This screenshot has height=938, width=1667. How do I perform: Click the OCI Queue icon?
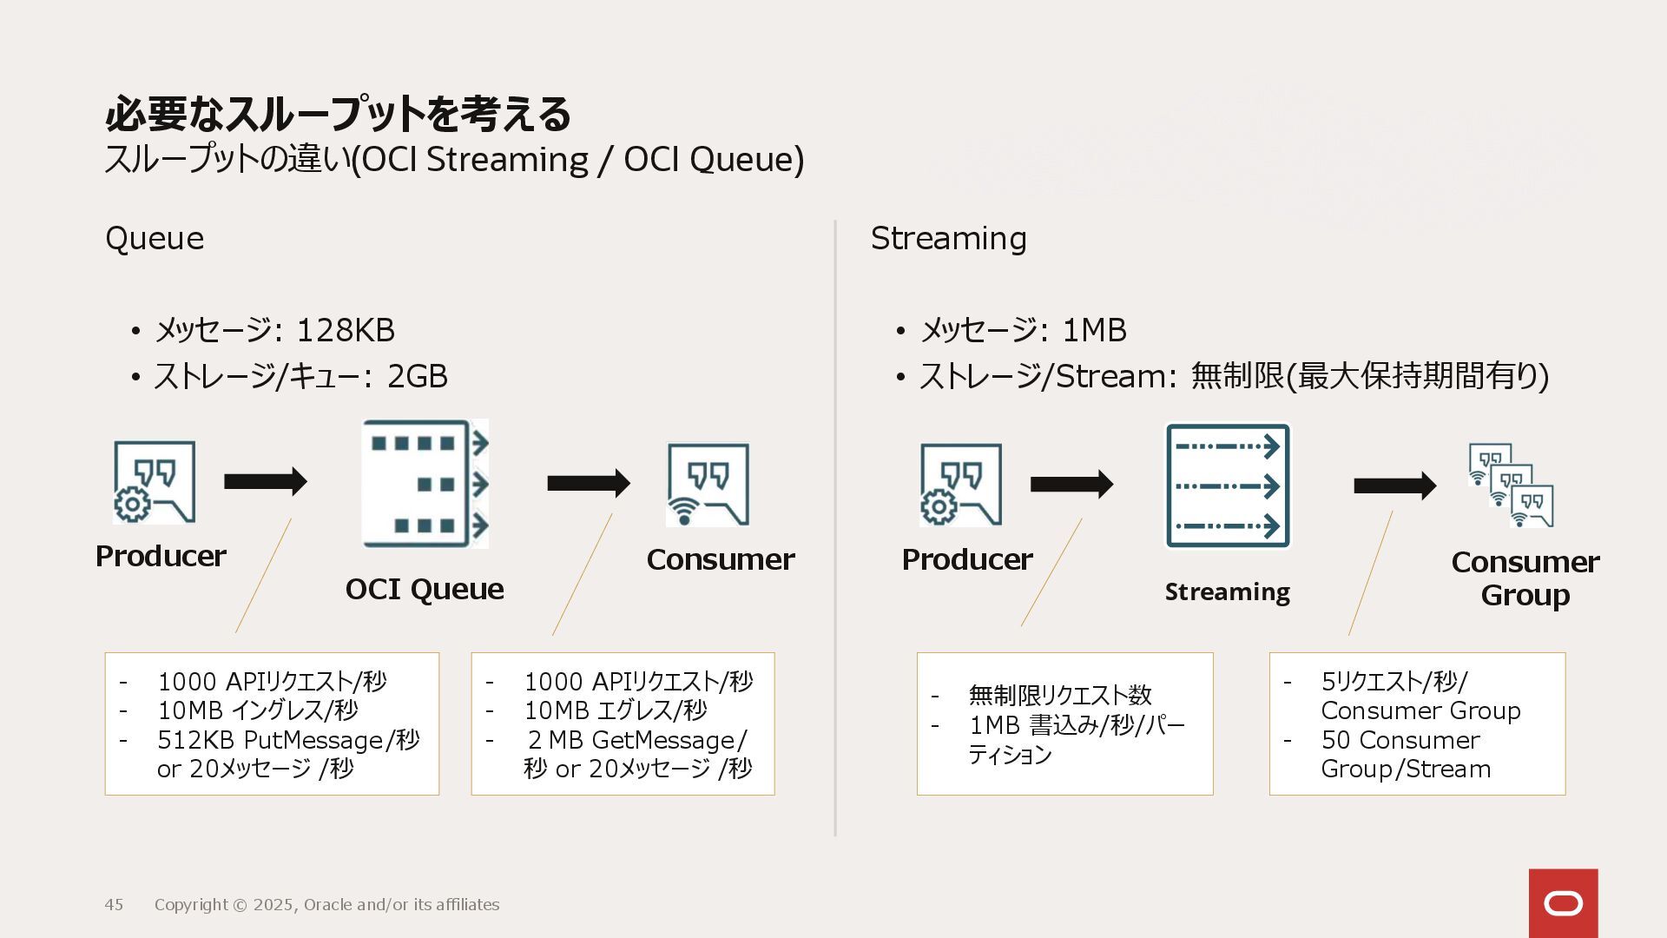coord(425,484)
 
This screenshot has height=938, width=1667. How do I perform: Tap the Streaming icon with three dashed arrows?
coord(1227,486)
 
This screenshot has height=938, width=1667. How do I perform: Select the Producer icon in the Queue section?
coord(155,482)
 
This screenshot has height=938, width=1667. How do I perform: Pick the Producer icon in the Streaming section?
coord(960,485)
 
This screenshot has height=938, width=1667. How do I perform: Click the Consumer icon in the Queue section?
coord(708,485)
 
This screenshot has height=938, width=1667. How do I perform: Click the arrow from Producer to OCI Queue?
coord(265,481)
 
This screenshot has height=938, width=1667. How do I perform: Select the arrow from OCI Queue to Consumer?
coord(588,483)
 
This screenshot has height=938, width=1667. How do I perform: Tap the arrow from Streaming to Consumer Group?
coord(1394,485)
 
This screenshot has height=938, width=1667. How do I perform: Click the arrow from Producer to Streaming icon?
coord(1071,484)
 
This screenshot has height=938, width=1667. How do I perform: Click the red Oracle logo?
coord(1563,903)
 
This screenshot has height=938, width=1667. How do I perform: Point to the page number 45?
coord(114,905)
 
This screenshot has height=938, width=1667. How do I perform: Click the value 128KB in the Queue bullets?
coord(346,330)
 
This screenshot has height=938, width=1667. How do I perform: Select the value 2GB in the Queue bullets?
coord(417,376)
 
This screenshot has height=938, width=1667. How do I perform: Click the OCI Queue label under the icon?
coord(425,589)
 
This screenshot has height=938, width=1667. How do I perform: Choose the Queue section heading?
coord(155,238)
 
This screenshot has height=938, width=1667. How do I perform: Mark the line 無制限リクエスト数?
coord(1059,695)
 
